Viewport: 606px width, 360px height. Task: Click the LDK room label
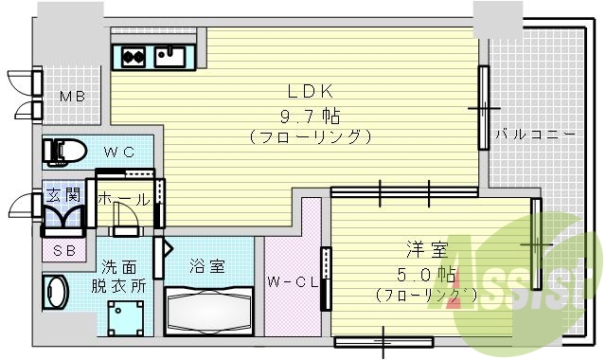coord(311,94)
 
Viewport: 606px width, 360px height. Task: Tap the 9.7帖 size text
coord(311,116)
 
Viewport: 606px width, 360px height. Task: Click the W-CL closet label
coord(288,281)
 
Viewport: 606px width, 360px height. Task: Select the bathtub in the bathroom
coord(207,308)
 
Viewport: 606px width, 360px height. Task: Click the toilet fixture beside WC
coord(65,149)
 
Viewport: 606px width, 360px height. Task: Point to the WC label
coord(118,151)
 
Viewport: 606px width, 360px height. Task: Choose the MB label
coord(74,97)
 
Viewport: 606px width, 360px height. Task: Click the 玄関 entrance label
coord(63,196)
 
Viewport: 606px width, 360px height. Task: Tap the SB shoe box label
coord(64,250)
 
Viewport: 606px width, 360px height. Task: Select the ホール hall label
coord(123,199)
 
